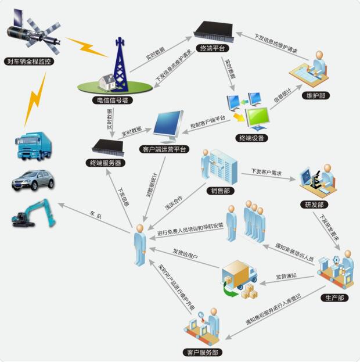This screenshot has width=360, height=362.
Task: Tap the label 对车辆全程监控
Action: (x=28, y=60)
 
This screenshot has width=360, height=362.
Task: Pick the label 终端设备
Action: (x=253, y=138)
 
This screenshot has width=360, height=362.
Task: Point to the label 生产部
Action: (x=334, y=298)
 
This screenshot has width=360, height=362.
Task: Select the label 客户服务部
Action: (x=201, y=352)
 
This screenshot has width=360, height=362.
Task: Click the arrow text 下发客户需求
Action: (x=267, y=172)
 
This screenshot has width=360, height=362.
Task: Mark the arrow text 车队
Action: (x=95, y=216)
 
